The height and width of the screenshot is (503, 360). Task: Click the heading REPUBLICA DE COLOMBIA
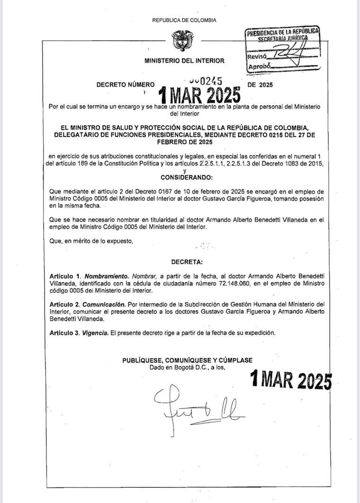pyautogui.click(x=184, y=20)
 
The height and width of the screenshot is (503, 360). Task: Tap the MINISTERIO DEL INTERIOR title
pyautogui.click(x=185, y=61)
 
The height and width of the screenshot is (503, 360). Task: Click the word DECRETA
pyautogui.click(x=187, y=261)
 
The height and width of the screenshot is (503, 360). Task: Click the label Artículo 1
pyautogui.click(x=65, y=276)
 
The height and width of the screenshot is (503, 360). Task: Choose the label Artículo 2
pyautogui.click(x=65, y=304)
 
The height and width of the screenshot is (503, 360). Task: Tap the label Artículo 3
pyautogui.click(x=65, y=333)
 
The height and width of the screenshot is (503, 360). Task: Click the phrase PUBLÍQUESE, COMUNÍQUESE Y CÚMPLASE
pyautogui.click(x=187, y=360)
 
